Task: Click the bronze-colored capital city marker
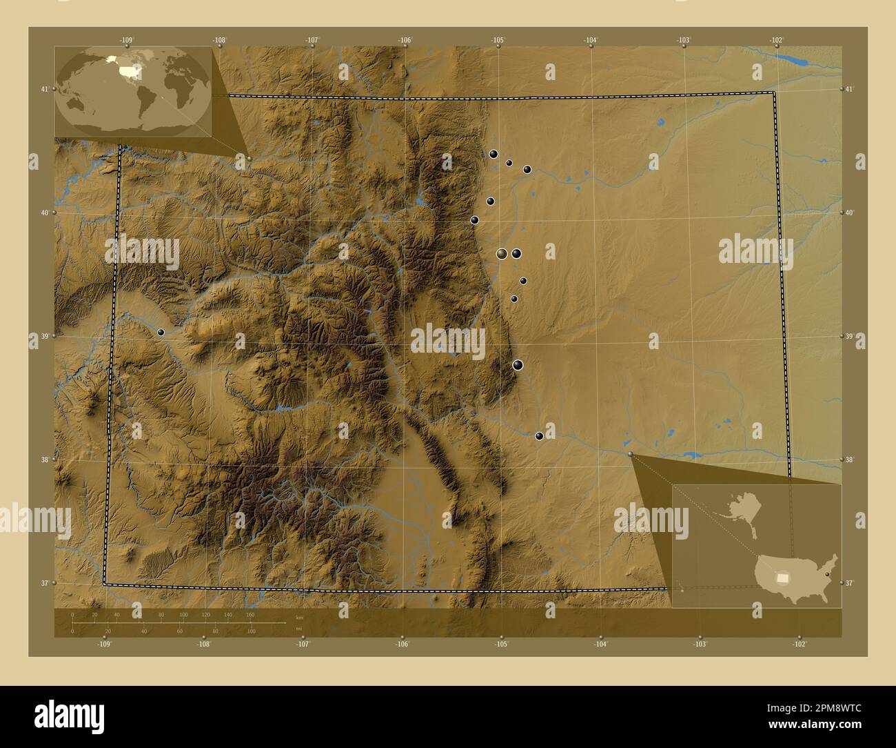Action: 502,254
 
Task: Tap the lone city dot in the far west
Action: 161,332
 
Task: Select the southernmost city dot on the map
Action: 539,435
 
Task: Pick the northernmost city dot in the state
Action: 493,154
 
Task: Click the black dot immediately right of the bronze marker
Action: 517,254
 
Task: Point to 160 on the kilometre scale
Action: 250,614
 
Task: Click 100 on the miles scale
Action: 251,631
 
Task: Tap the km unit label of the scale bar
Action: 298,618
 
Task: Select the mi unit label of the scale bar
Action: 298,628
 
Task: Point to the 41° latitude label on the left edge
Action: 45,89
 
